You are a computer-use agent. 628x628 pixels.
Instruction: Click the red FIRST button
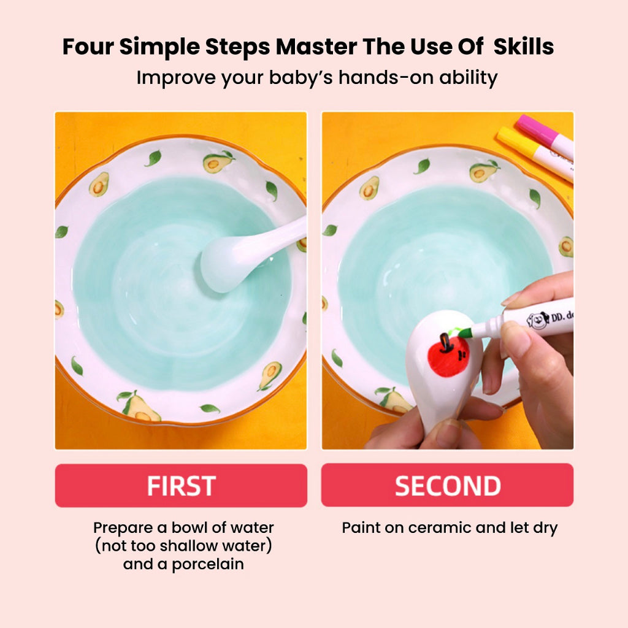click(x=181, y=486)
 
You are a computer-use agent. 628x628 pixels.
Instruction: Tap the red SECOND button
click(x=447, y=485)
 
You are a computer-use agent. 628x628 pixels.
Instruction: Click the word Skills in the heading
click(x=524, y=47)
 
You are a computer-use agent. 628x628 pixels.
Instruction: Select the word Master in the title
click(x=316, y=47)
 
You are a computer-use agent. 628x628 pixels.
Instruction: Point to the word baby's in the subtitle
click(x=301, y=77)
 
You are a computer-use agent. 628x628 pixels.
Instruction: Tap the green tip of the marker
click(x=465, y=332)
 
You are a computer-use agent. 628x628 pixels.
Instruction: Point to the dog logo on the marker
click(x=537, y=320)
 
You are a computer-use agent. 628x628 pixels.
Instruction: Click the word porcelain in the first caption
click(x=207, y=564)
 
